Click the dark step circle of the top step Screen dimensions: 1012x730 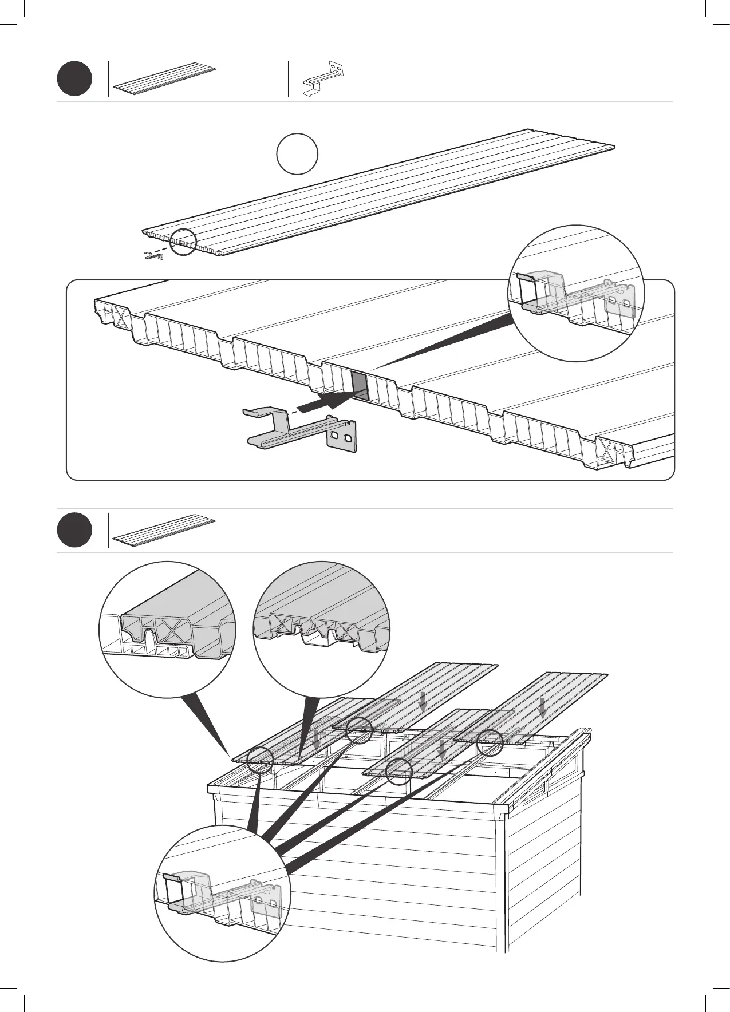(x=74, y=80)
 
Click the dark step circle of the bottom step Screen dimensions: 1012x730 (x=74, y=531)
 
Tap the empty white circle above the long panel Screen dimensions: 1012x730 (x=297, y=154)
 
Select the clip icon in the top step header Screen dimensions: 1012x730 (x=323, y=78)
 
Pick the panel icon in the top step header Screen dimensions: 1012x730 (x=165, y=80)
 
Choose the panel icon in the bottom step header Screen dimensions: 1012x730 (x=164, y=531)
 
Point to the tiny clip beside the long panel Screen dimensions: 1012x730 (x=153, y=256)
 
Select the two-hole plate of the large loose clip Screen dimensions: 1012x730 (x=342, y=437)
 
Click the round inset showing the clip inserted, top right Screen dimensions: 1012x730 (x=576, y=294)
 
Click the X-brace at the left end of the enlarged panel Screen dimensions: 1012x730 (x=119, y=316)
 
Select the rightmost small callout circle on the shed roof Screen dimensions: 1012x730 (x=491, y=742)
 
